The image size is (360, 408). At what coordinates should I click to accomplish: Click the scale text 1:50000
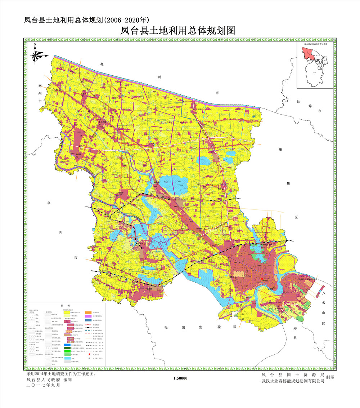[x=180, y=378]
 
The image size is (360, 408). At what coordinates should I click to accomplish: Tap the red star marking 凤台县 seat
[x=262, y=279]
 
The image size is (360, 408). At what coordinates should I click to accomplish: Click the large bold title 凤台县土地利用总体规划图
[x=178, y=31]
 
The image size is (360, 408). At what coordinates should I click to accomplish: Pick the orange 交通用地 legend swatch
[x=88, y=312]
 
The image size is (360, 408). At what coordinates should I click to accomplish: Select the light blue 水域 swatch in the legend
[x=67, y=358]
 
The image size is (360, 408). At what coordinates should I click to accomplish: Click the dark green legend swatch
[x=67, y=348]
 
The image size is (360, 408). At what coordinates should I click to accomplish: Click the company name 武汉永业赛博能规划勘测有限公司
[x=293, y=381]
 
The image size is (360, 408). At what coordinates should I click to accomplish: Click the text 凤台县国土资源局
[x=293, y=375]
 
